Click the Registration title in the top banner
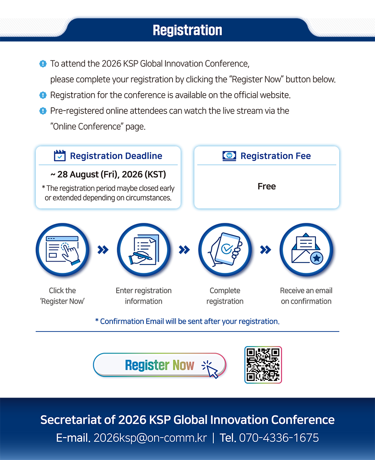(187, 30)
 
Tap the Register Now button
(160, 365)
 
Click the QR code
(263, 365)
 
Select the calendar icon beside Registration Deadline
(60, 156)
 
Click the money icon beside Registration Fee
(229, 156)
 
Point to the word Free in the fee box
(267, 186)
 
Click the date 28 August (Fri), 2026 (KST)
(108, 175)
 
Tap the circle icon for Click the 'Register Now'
(62, 250)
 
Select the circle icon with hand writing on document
(144, 250)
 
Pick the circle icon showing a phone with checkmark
(225, 250)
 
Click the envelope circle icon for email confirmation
(306, 250)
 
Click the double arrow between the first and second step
(103, 250)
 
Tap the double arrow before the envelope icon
(265, 250)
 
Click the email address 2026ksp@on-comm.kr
(150, 438)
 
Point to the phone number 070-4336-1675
(279, 438)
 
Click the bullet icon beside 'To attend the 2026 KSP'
(43, 64)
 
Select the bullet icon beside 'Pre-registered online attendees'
(43, 111)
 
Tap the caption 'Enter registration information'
(144, 296)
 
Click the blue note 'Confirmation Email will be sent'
(187, 322)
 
